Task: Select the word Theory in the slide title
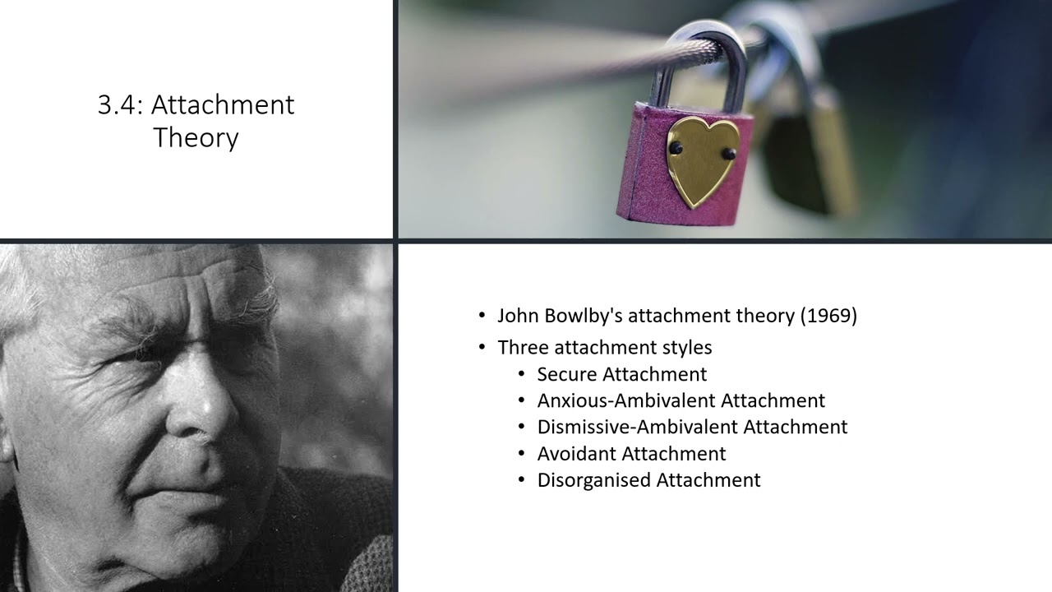pos(196,137)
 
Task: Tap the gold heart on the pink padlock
pos(702,160)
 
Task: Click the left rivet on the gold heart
pos(676,148)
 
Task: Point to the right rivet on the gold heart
pos(728,153)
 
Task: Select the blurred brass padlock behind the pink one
pos(810,156)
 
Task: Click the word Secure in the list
pos(567,374)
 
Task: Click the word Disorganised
pos(590,480)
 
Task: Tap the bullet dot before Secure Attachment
pos(521,375)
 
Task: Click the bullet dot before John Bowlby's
pos(482,317)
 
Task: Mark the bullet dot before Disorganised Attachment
pos(521,480)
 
